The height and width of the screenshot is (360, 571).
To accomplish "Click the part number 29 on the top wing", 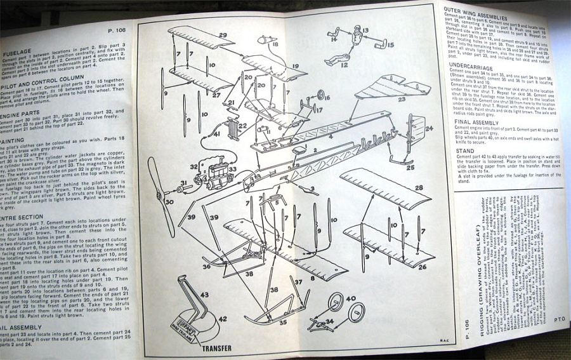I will (x=223, y=34).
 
